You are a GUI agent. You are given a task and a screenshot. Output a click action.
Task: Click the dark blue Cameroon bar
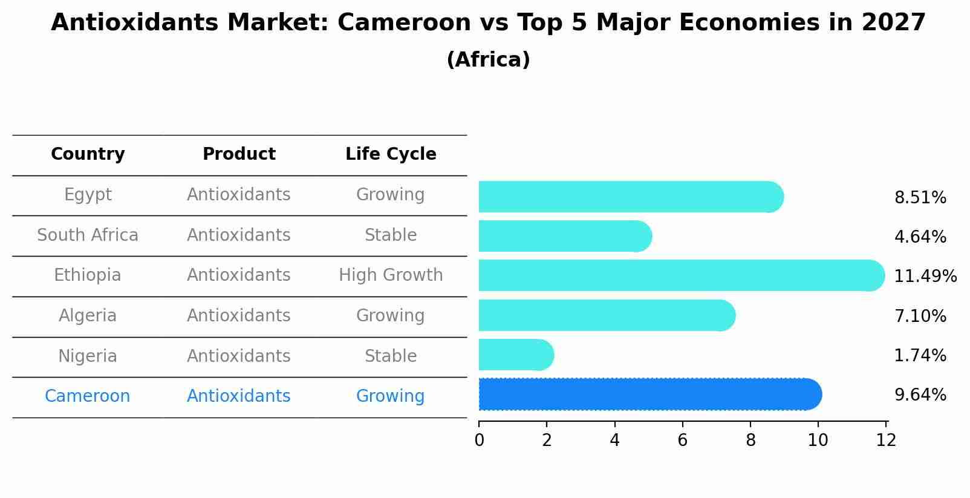click(650, 395)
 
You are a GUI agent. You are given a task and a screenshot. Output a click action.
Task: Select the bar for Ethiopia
click(682, 275)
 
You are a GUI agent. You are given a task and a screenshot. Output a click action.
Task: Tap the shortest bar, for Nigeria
click(516, 355)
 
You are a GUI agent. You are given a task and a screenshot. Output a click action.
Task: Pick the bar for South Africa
click(565, 236)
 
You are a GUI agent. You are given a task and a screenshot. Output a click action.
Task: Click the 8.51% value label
click(920, 198)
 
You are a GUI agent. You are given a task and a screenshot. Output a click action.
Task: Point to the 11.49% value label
click(925, 276)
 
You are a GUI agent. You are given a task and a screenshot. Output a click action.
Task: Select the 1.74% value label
click(920, 355)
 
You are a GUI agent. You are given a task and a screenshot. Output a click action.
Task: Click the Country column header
click(88, 154)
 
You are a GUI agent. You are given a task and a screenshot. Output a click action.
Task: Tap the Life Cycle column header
click(391, 154)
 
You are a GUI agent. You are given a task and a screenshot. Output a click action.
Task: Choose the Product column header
click(239, 154)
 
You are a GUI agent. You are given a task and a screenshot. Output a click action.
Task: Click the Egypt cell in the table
click(88, 195)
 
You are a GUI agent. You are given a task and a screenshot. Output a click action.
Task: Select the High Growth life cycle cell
click(391, 275)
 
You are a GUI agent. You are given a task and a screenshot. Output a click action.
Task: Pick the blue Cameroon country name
click(88, 396)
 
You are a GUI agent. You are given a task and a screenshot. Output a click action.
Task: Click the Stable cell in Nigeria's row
click(391, 356)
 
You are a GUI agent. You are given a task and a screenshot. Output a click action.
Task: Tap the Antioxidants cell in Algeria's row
click(239, 316)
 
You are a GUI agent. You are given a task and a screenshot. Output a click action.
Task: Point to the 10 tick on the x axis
click(818, 440)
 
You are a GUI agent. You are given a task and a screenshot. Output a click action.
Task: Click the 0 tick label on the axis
click(480, 440)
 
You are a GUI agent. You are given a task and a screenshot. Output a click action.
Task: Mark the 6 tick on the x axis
click(683, 440)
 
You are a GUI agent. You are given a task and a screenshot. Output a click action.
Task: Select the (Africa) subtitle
click(488, 60)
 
